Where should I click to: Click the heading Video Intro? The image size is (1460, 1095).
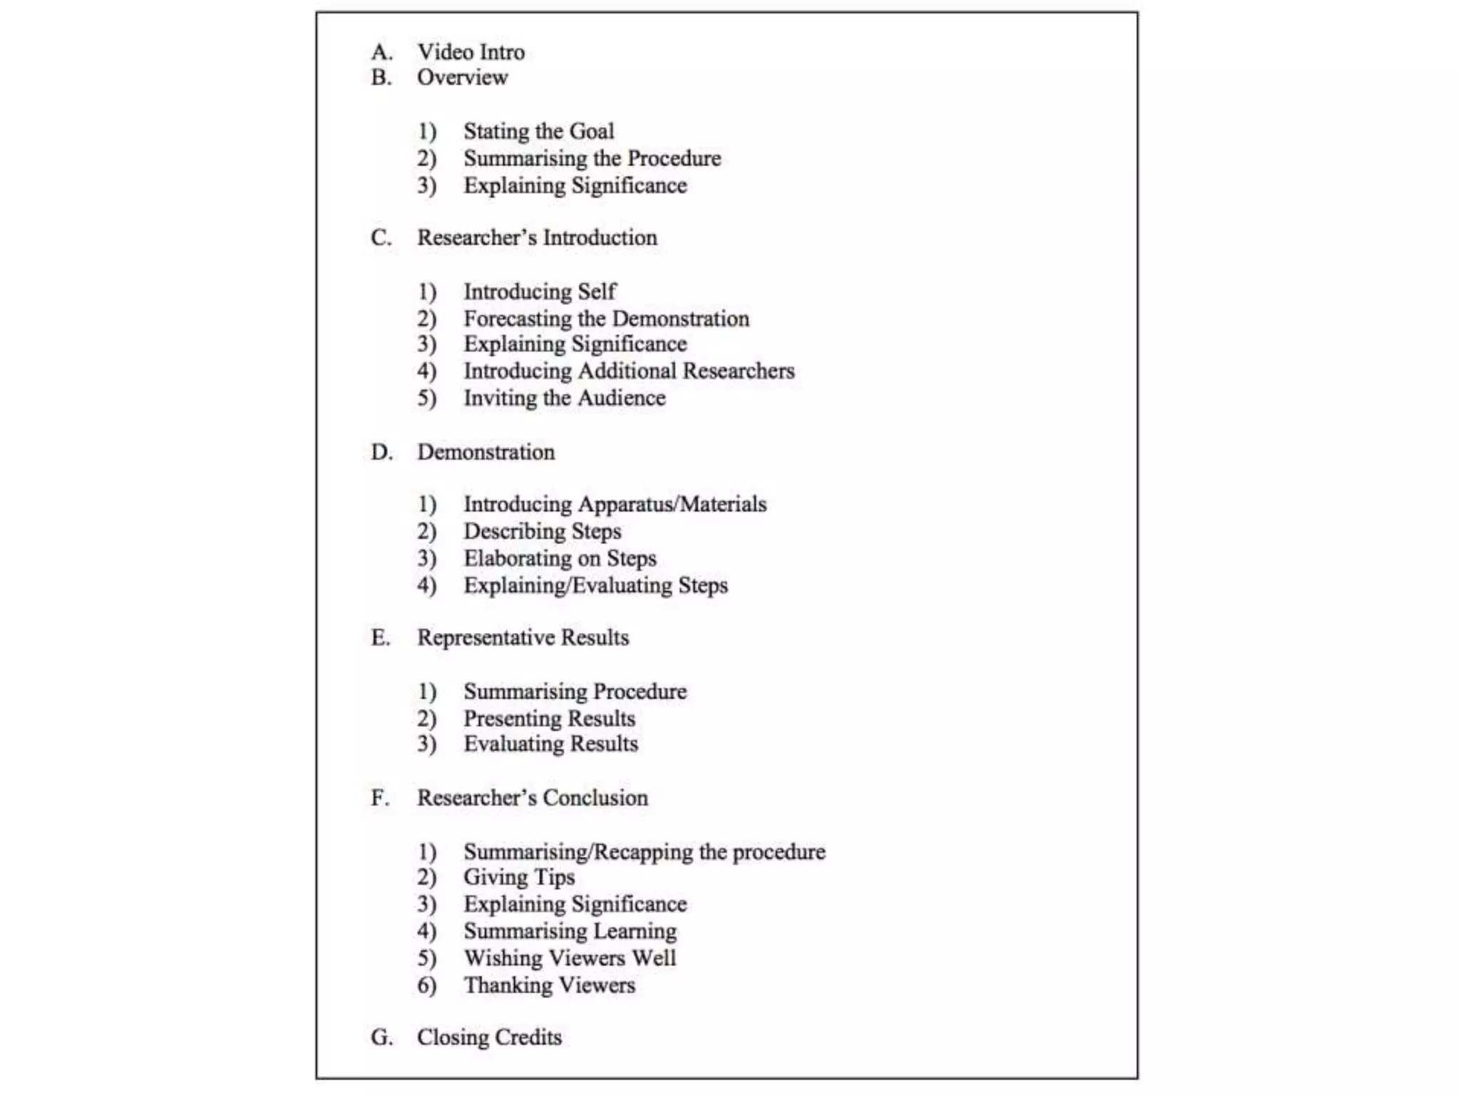click(x=471, y=52)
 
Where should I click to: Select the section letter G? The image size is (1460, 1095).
click(x=381, y=1037)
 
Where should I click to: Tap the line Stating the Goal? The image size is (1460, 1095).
click(x=538, y=131)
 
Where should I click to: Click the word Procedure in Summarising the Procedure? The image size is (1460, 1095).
click(x=674, y=158)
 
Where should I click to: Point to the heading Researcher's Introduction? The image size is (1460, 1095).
click(x=537, y=237)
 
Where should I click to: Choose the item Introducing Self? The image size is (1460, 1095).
click(x=540, y=292)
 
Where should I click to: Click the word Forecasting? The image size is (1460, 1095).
click(x=518, y=319)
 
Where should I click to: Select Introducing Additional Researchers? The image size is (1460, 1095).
click(x=629, y=371)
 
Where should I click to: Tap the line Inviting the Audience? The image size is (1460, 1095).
click(x=565, y=398)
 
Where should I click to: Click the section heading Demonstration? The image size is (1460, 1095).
click(x=485, y=452)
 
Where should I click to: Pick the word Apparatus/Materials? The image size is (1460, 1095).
click(x=672, y=504)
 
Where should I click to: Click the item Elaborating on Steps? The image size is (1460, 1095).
click(x=560, y=558)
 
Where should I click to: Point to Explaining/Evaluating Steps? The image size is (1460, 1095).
click(x=595, y=585)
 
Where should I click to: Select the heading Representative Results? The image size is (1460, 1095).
click(x=523, y=637)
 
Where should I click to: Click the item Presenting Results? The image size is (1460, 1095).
click(x=549, y=719)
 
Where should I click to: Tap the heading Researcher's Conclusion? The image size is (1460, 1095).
click(x=533, y=798)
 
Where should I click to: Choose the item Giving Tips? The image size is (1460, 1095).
click(x=519, y=877)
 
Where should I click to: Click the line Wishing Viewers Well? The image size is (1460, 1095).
click(x=570, y=958)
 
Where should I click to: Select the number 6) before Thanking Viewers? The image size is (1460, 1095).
click(x=426, y=985)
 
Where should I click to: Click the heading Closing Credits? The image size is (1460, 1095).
click(x=489, y=1037)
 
